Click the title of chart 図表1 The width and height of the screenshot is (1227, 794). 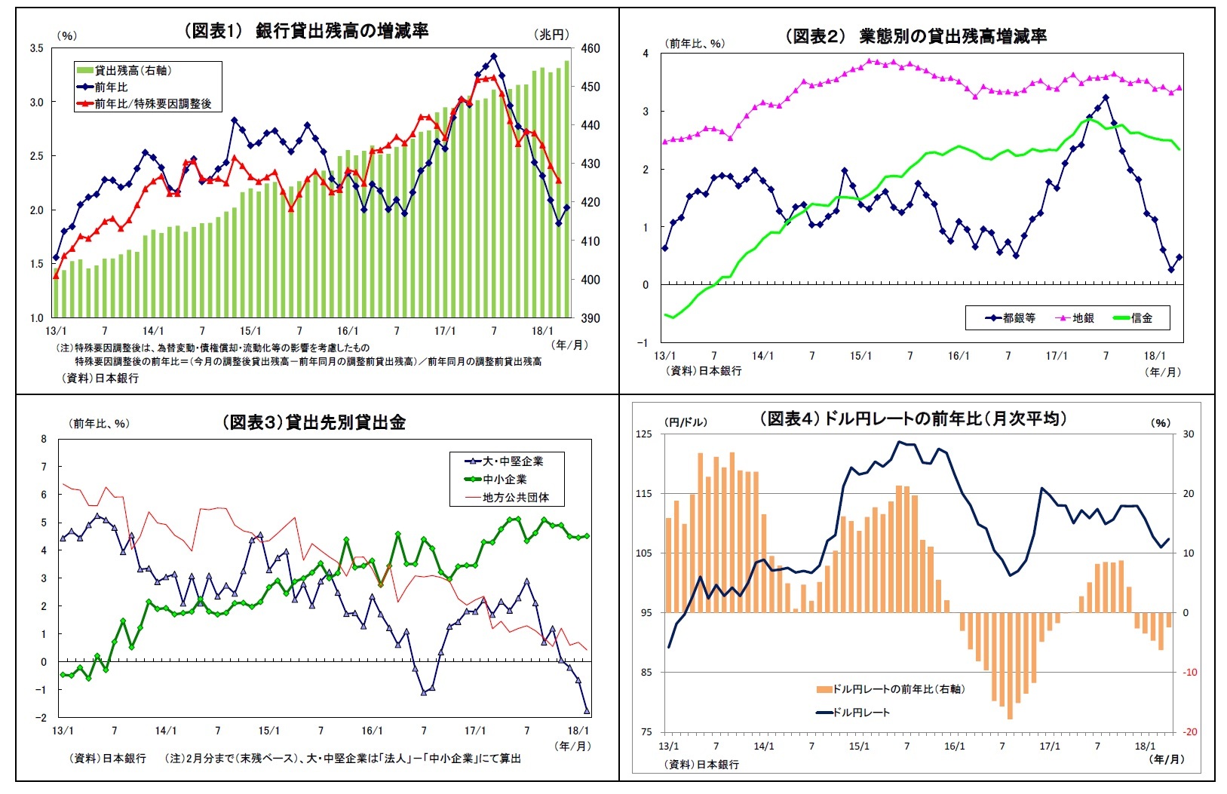point(306,31)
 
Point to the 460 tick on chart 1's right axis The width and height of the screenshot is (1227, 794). point(591,48)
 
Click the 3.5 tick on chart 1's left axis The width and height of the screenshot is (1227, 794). point(36,48)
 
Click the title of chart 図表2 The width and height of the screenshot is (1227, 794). point(916,36)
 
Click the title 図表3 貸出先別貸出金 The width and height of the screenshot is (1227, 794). point(314,422)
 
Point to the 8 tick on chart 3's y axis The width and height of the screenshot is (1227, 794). point(44,439)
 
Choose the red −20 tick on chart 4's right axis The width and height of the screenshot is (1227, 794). point(1189,731)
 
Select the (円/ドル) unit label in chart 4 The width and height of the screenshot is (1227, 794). point(686,422)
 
